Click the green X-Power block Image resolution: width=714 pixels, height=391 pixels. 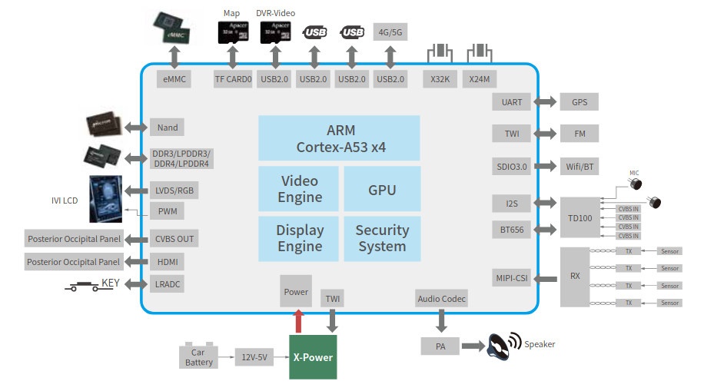pos(313,357)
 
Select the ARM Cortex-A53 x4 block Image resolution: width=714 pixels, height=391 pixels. pos(339,138)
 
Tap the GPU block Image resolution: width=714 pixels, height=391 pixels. pos(381,189)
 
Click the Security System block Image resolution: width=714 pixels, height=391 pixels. pos(381,238)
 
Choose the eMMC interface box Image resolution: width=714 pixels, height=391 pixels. pos(173,79)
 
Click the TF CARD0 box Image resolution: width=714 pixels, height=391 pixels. pos(233,79)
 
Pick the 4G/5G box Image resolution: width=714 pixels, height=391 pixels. pos(390,32)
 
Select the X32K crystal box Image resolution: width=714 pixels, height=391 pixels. pos(439,79)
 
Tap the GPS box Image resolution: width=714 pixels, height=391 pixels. pos(579,101)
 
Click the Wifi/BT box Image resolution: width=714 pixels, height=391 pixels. pos(579,167)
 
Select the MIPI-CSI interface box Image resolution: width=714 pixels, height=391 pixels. pos(511,278)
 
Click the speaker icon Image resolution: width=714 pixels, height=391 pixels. pos(503,345)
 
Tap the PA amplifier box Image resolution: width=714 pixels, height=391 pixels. pos(440,346)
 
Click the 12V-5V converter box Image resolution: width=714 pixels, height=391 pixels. pos(254,357)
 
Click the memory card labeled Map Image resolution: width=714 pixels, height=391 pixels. pos(231,33)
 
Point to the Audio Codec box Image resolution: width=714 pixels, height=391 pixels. pos(441,299)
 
